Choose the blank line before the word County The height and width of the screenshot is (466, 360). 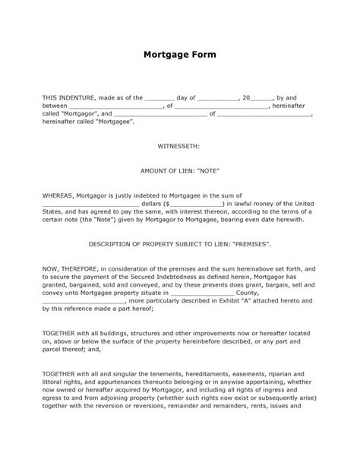click(204, 292)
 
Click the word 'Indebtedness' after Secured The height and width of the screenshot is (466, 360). click(178, 276)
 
